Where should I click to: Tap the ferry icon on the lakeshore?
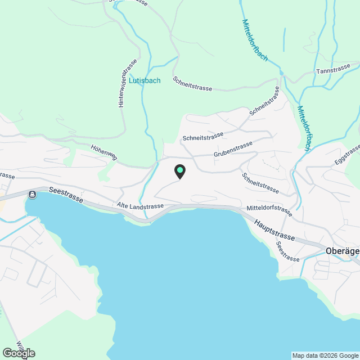[33, 195]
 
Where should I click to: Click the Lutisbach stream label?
[145, 80]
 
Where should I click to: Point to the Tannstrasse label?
[333, 71]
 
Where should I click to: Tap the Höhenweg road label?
[103, 152]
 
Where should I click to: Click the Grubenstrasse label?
[233, 148]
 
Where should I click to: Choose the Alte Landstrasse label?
[140, 206]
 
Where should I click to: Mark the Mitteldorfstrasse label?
[269, 211]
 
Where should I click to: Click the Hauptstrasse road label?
[274, 229]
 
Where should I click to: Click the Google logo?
[18, 353]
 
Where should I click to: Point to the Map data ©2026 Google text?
[325, 355]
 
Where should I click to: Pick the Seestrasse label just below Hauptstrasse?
[287, 251]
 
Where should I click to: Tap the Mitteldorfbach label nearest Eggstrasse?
[304, 128]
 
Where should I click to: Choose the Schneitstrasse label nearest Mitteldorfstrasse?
[260, 182]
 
